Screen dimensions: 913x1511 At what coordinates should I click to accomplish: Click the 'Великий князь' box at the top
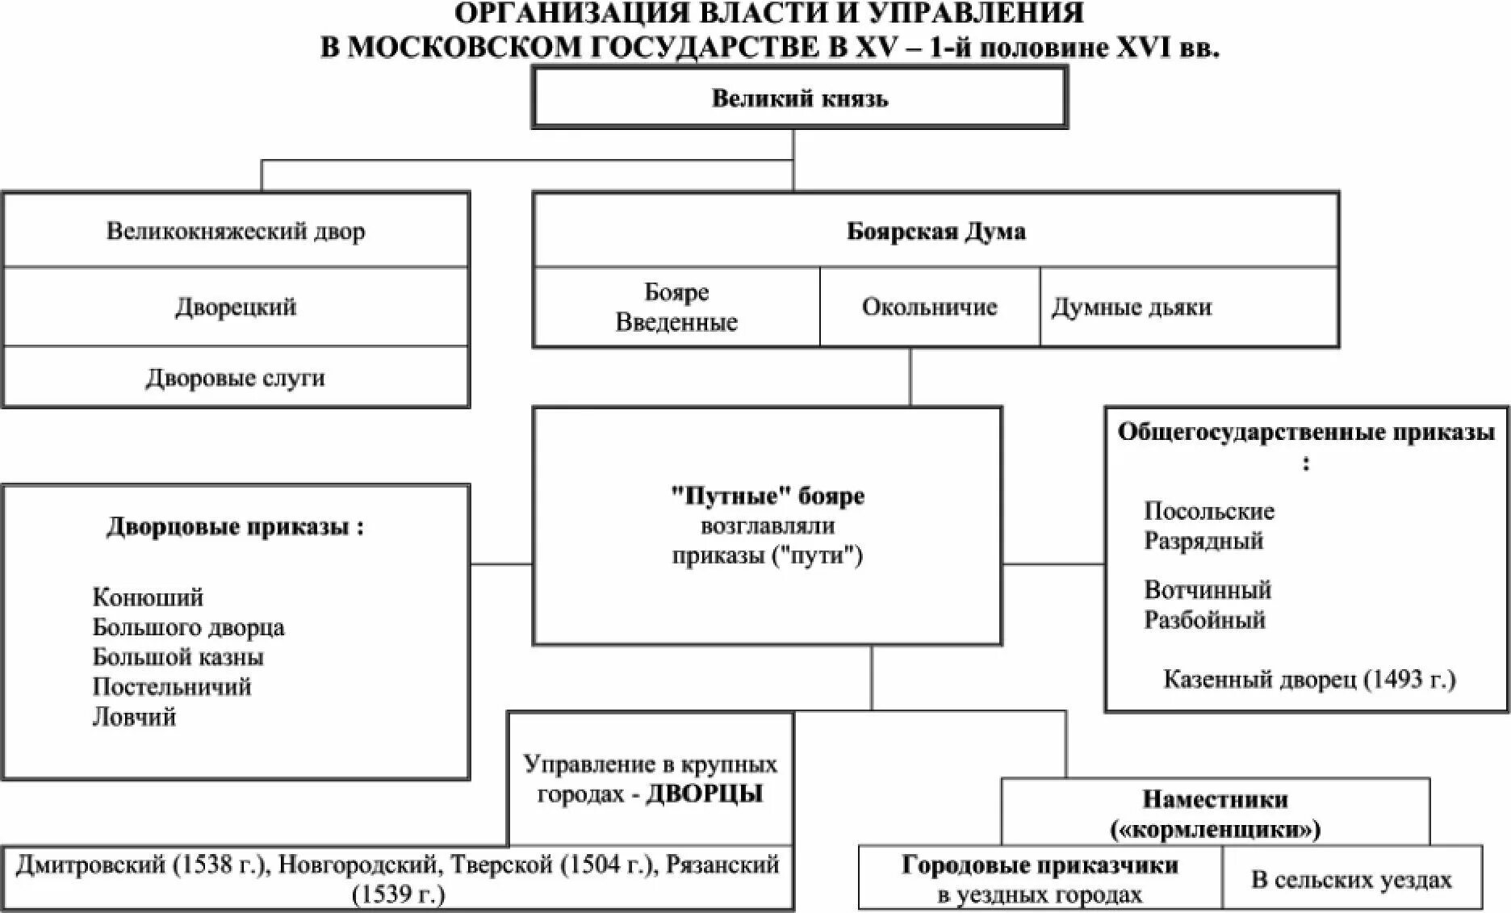[x=799, y=98]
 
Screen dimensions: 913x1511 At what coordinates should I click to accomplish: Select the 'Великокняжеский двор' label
[x=236, y=232]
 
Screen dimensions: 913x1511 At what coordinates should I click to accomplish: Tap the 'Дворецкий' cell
[x=236, y=307]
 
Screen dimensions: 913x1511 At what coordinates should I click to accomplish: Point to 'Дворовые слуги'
[x=236, y=378]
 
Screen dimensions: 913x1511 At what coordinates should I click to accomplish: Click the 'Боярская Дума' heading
[x=935, y=232]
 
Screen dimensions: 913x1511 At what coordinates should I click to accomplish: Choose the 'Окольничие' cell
[x=929, y=307]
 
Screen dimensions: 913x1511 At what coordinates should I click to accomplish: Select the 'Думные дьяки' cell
[x=1131, y=307]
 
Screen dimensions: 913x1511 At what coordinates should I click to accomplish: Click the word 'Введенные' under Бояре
[x=676, y=322]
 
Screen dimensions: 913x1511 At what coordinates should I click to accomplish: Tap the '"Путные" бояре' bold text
[x=767, y=496]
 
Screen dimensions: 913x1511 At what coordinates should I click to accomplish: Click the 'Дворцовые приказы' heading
[x=235, y=527]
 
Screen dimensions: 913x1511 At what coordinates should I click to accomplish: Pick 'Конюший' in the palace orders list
[x=148, y=597]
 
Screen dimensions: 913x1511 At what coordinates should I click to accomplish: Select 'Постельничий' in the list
[x=172, y=687]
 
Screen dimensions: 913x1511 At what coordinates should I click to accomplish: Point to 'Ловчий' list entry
[x=134, y=717]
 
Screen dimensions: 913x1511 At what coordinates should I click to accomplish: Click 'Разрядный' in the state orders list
[x=1203, y=540]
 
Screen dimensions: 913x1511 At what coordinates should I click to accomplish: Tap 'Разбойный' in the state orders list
[x=1204, y=620]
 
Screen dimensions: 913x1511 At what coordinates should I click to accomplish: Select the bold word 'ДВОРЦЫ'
[x=705, y=794]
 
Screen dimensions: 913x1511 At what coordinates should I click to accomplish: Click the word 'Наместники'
[x=1215, y=799]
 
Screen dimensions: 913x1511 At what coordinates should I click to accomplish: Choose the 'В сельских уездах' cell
[x=1351, y=879]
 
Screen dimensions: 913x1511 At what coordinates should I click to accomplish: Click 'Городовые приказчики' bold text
[x=1040, y=865]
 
